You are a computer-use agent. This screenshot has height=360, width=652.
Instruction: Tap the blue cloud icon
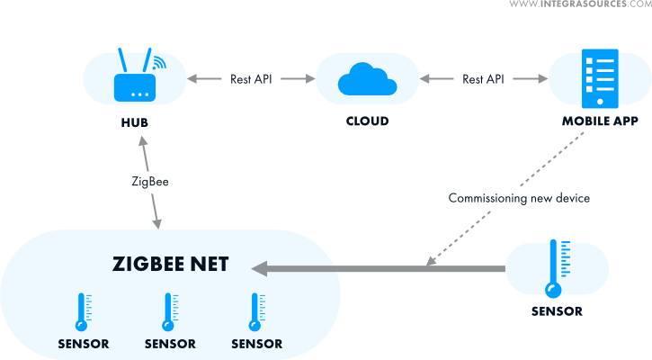(x=367, y=81)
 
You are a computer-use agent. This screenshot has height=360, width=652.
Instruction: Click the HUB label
(x=137, y=121)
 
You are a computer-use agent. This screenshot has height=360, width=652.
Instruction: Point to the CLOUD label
(x=367, y=121)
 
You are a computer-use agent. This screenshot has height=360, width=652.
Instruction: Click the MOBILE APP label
(x=600, y=121)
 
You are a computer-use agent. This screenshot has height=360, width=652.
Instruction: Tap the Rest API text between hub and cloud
(x=252, y=79)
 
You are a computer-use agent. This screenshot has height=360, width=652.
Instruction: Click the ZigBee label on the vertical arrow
(x=150, y=181)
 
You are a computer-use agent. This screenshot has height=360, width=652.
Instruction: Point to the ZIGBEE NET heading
(x=171, y=265)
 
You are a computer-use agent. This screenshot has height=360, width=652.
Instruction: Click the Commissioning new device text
(x=519, y=198)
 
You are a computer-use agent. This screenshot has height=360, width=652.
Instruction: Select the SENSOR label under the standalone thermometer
(x=557, y=312)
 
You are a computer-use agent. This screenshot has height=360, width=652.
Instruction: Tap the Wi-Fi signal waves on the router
(x=159, y=63)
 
